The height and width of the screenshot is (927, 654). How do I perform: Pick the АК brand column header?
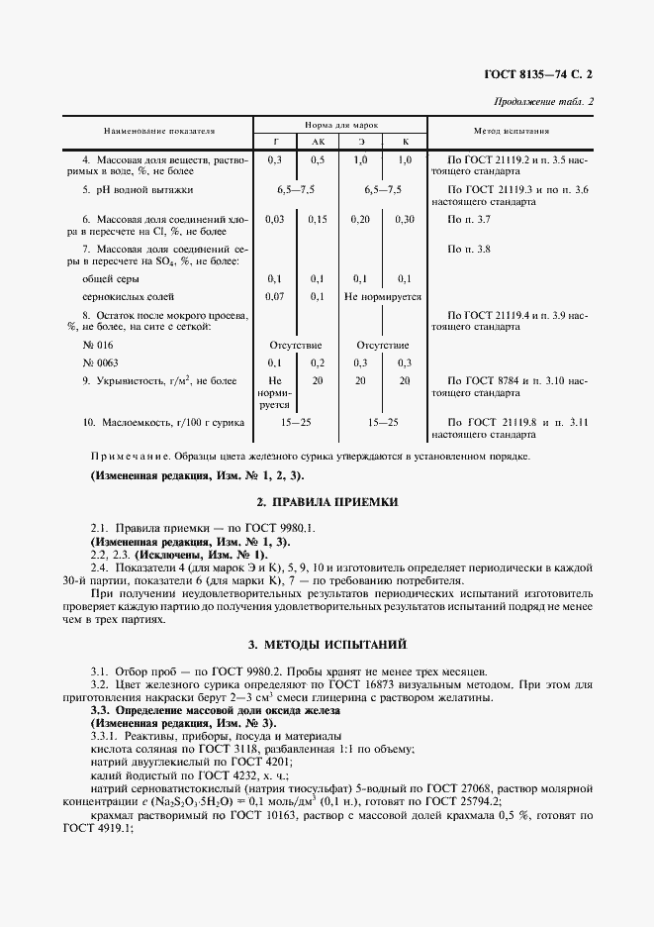pyautogui.click(x=317, y=142)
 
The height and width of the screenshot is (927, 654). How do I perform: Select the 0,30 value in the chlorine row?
pyautogui.click(x=404, y=219)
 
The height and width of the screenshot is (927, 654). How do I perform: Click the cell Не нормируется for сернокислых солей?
pyautogui.click(x=382, y=296)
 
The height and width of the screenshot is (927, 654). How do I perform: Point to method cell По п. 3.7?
pyautogui.click(x=469, y=219)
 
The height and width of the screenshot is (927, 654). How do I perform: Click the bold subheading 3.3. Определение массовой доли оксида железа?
pyautogui.click(x=215, y=711)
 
